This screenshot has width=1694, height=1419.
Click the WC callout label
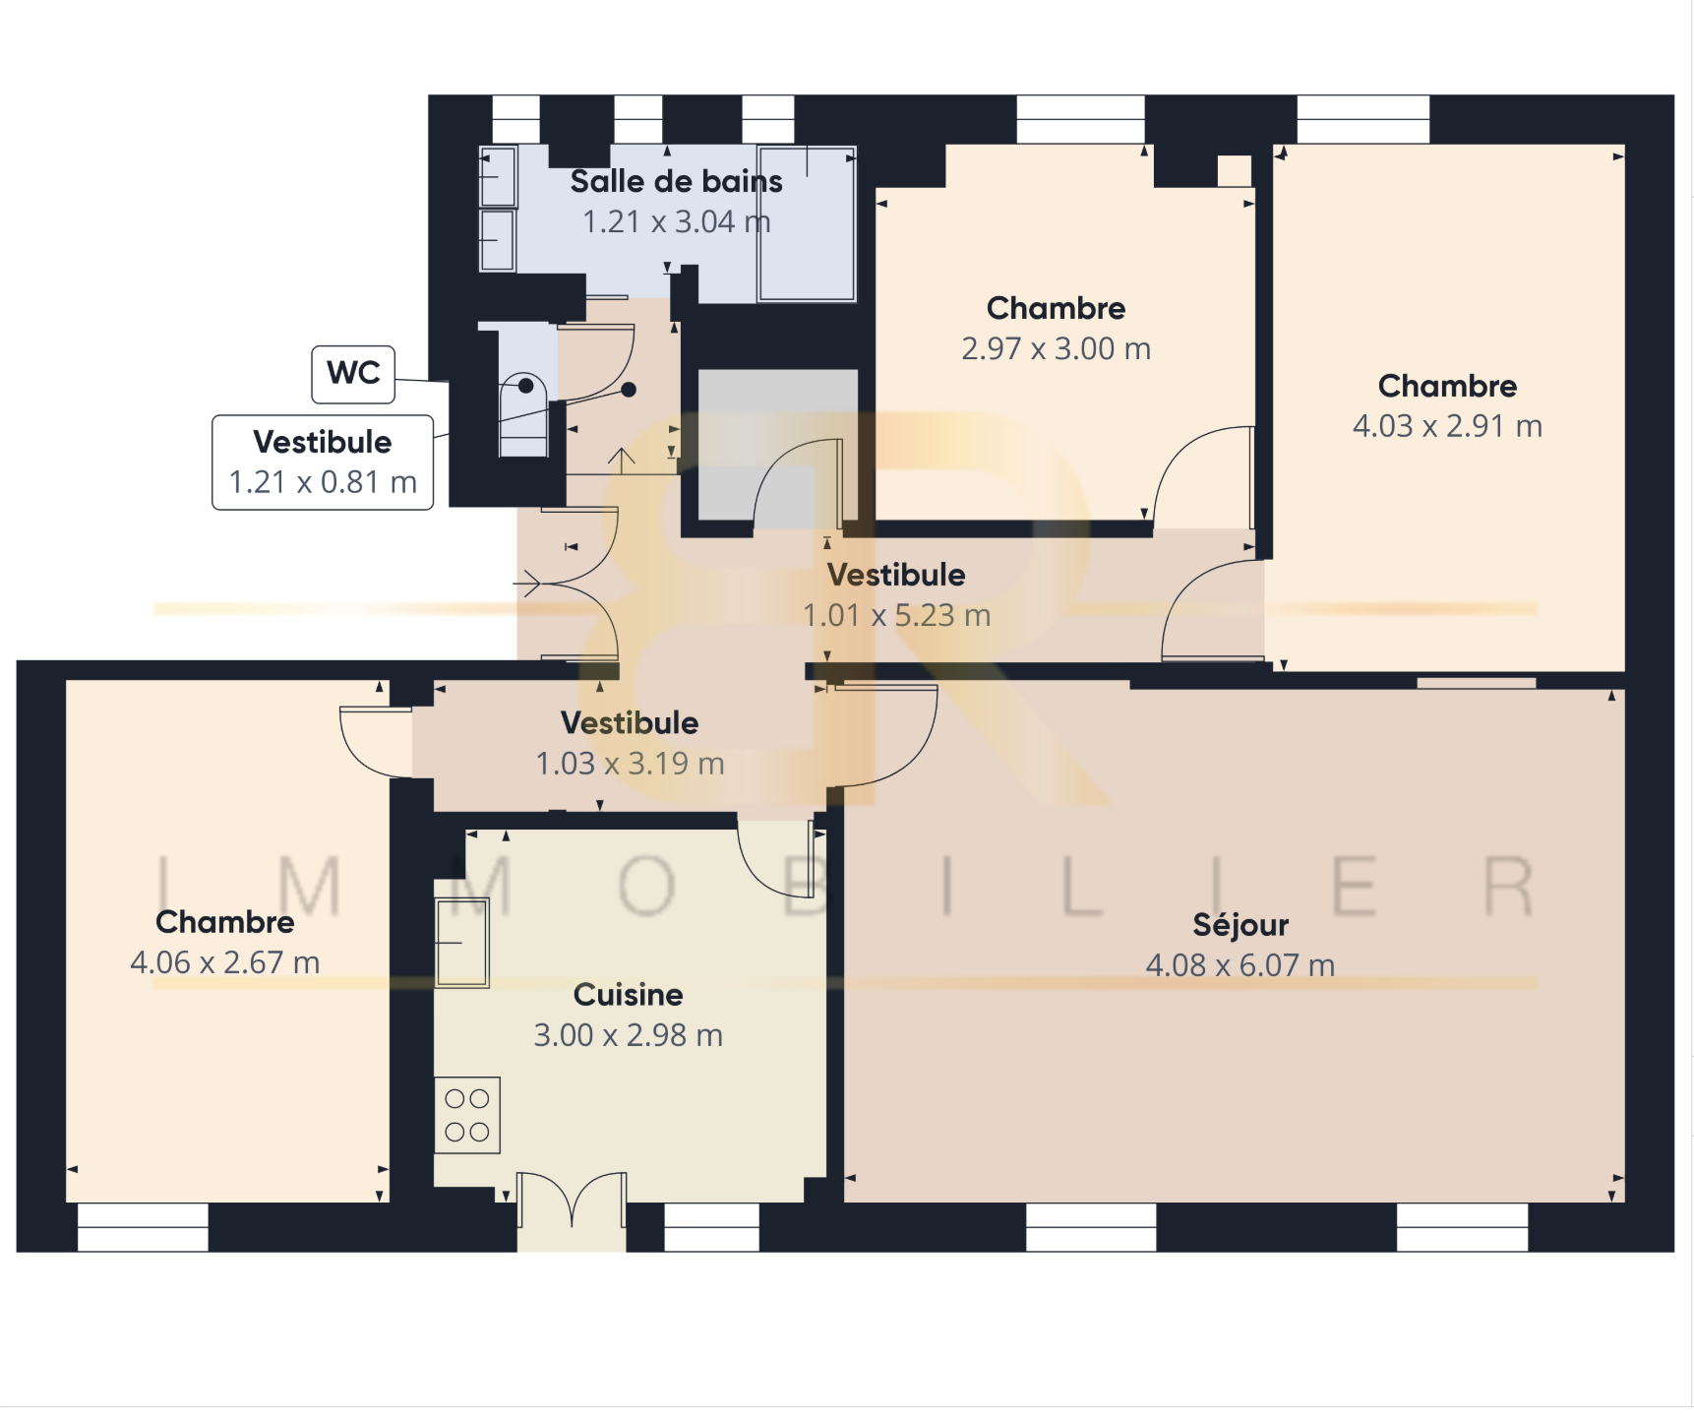point(353,374)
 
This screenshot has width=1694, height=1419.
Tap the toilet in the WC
point(524,413)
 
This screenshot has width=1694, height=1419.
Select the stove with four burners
point(467,1116)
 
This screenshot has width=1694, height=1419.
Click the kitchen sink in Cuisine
point(462,942)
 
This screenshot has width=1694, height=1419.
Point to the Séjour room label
point(1240,925)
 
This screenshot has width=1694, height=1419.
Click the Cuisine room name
point(629,995)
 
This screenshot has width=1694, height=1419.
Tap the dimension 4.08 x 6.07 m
point(1240,965)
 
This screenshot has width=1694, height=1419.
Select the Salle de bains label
point(677,181)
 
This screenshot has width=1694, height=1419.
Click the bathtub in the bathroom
point(807,223)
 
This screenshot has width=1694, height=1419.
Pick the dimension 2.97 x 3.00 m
point(1057,348)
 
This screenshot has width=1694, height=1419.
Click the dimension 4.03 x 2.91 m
point(1447,426)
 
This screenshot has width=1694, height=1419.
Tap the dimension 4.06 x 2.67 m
point(225,962)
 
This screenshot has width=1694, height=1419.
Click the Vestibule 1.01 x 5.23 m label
point(896,594)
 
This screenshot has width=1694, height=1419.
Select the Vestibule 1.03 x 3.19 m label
point(630,743)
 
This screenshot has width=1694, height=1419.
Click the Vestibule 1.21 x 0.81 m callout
point(323,463)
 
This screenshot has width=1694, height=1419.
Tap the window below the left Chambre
point(143,1227)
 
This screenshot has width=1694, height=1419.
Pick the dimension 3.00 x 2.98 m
point(629,1035)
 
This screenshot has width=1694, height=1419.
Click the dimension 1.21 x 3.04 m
point(677,221)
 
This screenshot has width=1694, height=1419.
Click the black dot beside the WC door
point(629,390)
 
